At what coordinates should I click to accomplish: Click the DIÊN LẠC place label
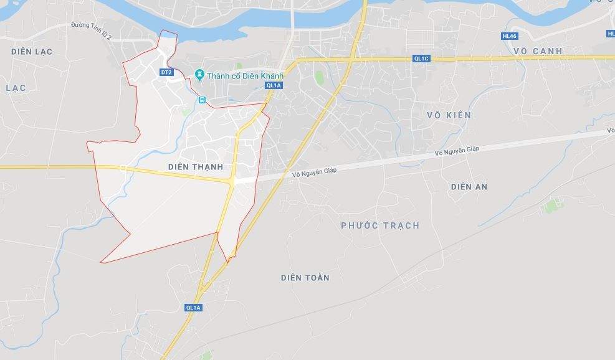tap(32, 51)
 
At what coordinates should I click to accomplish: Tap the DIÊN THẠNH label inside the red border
tap(196, 167)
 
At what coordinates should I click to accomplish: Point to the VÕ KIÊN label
tap(449, 115)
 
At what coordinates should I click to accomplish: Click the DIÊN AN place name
tap(469, 186)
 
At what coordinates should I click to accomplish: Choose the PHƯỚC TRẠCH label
tap(380, 225)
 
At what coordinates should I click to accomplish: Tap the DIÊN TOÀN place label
tap(305, 277)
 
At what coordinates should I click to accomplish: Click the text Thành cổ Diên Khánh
tap(245, 76)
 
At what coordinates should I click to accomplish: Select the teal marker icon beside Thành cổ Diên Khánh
tap(199, 75)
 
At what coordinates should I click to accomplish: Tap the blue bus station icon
tap(202, 100)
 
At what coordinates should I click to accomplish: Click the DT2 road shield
tap(166, 72)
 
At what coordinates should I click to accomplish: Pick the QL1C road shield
tap(421, 59)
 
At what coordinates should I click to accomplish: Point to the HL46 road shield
tap(509, 36)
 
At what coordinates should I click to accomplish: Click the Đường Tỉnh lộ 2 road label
tap(91, 31)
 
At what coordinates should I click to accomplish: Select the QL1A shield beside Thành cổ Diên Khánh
tap(274, 85)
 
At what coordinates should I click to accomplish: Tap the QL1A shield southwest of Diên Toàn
tap(194, 308)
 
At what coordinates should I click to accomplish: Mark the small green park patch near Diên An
tap(551, 204)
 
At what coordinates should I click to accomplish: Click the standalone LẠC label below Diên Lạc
tap(16, 88)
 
